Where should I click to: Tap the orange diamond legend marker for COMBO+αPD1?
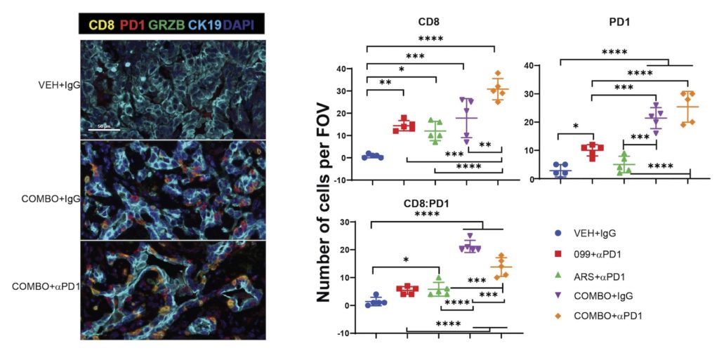pos(557,316)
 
